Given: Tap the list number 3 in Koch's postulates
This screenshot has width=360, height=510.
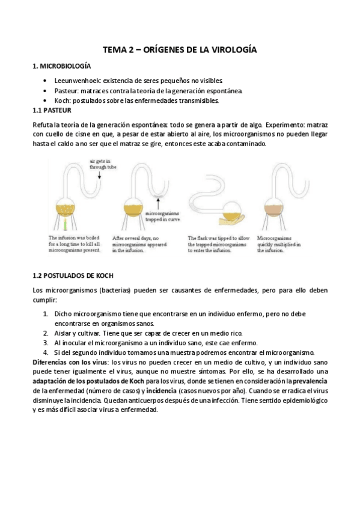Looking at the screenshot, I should point(46,342).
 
